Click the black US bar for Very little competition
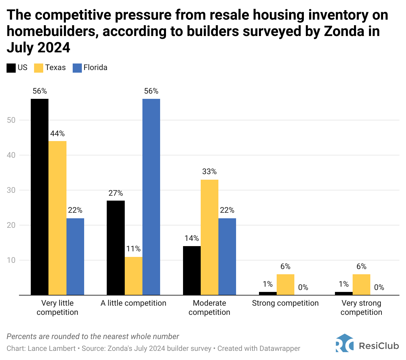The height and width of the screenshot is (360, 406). pos(40,197)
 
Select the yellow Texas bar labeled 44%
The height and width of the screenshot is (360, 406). pos(57,218)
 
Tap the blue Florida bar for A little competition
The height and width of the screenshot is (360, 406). pos(151,197)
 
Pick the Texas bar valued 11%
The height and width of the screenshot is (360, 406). pos(134,276)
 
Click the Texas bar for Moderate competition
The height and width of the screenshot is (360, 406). pos(210,237)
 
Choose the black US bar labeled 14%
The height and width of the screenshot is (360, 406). pos(192,270)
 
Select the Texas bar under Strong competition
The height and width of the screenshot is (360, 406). pos(286,284)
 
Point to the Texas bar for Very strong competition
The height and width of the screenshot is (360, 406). pos(361,284)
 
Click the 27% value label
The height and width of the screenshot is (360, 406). pos(116,193)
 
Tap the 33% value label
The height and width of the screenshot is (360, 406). pos(210,171)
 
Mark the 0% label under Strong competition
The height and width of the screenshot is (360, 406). pos(303,287)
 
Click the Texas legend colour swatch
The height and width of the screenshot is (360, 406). pos(39,68)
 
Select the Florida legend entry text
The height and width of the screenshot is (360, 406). pos(95,67)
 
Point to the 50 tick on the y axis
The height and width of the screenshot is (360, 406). pos(11,120)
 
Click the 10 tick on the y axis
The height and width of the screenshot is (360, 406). pos(11,260)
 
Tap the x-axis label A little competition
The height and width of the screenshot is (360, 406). pos(134,303)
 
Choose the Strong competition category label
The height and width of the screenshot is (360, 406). pos(286,303)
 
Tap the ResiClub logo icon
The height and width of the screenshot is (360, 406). pos(344,343)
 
